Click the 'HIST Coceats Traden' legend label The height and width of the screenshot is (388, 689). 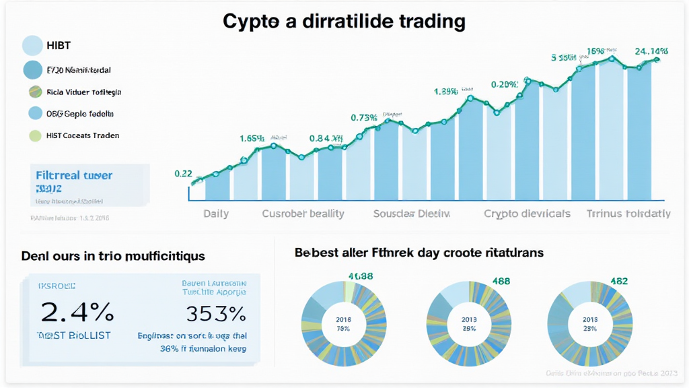(x=83, y=135)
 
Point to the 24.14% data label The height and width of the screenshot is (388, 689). (x=650, y=51)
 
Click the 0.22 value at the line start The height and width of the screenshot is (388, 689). (x=184, y=173)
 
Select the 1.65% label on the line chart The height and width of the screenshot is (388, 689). (x=252, y=139)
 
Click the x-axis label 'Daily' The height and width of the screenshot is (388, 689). (x=216, y=214)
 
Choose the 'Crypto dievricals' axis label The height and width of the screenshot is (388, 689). (x=527, y=214)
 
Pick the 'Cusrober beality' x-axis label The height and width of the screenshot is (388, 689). (x=303, y=214)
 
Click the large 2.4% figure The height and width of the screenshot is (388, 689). (x=77, y=312)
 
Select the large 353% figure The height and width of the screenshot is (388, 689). (x=215, y=313)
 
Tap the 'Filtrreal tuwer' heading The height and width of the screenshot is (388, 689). (x=73, y=175)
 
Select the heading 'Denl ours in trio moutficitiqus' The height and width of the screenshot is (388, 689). (x=113, y=256)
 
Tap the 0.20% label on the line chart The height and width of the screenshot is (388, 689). (x=505, y=85)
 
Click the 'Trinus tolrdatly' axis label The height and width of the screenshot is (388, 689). (x=628, y=214)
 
